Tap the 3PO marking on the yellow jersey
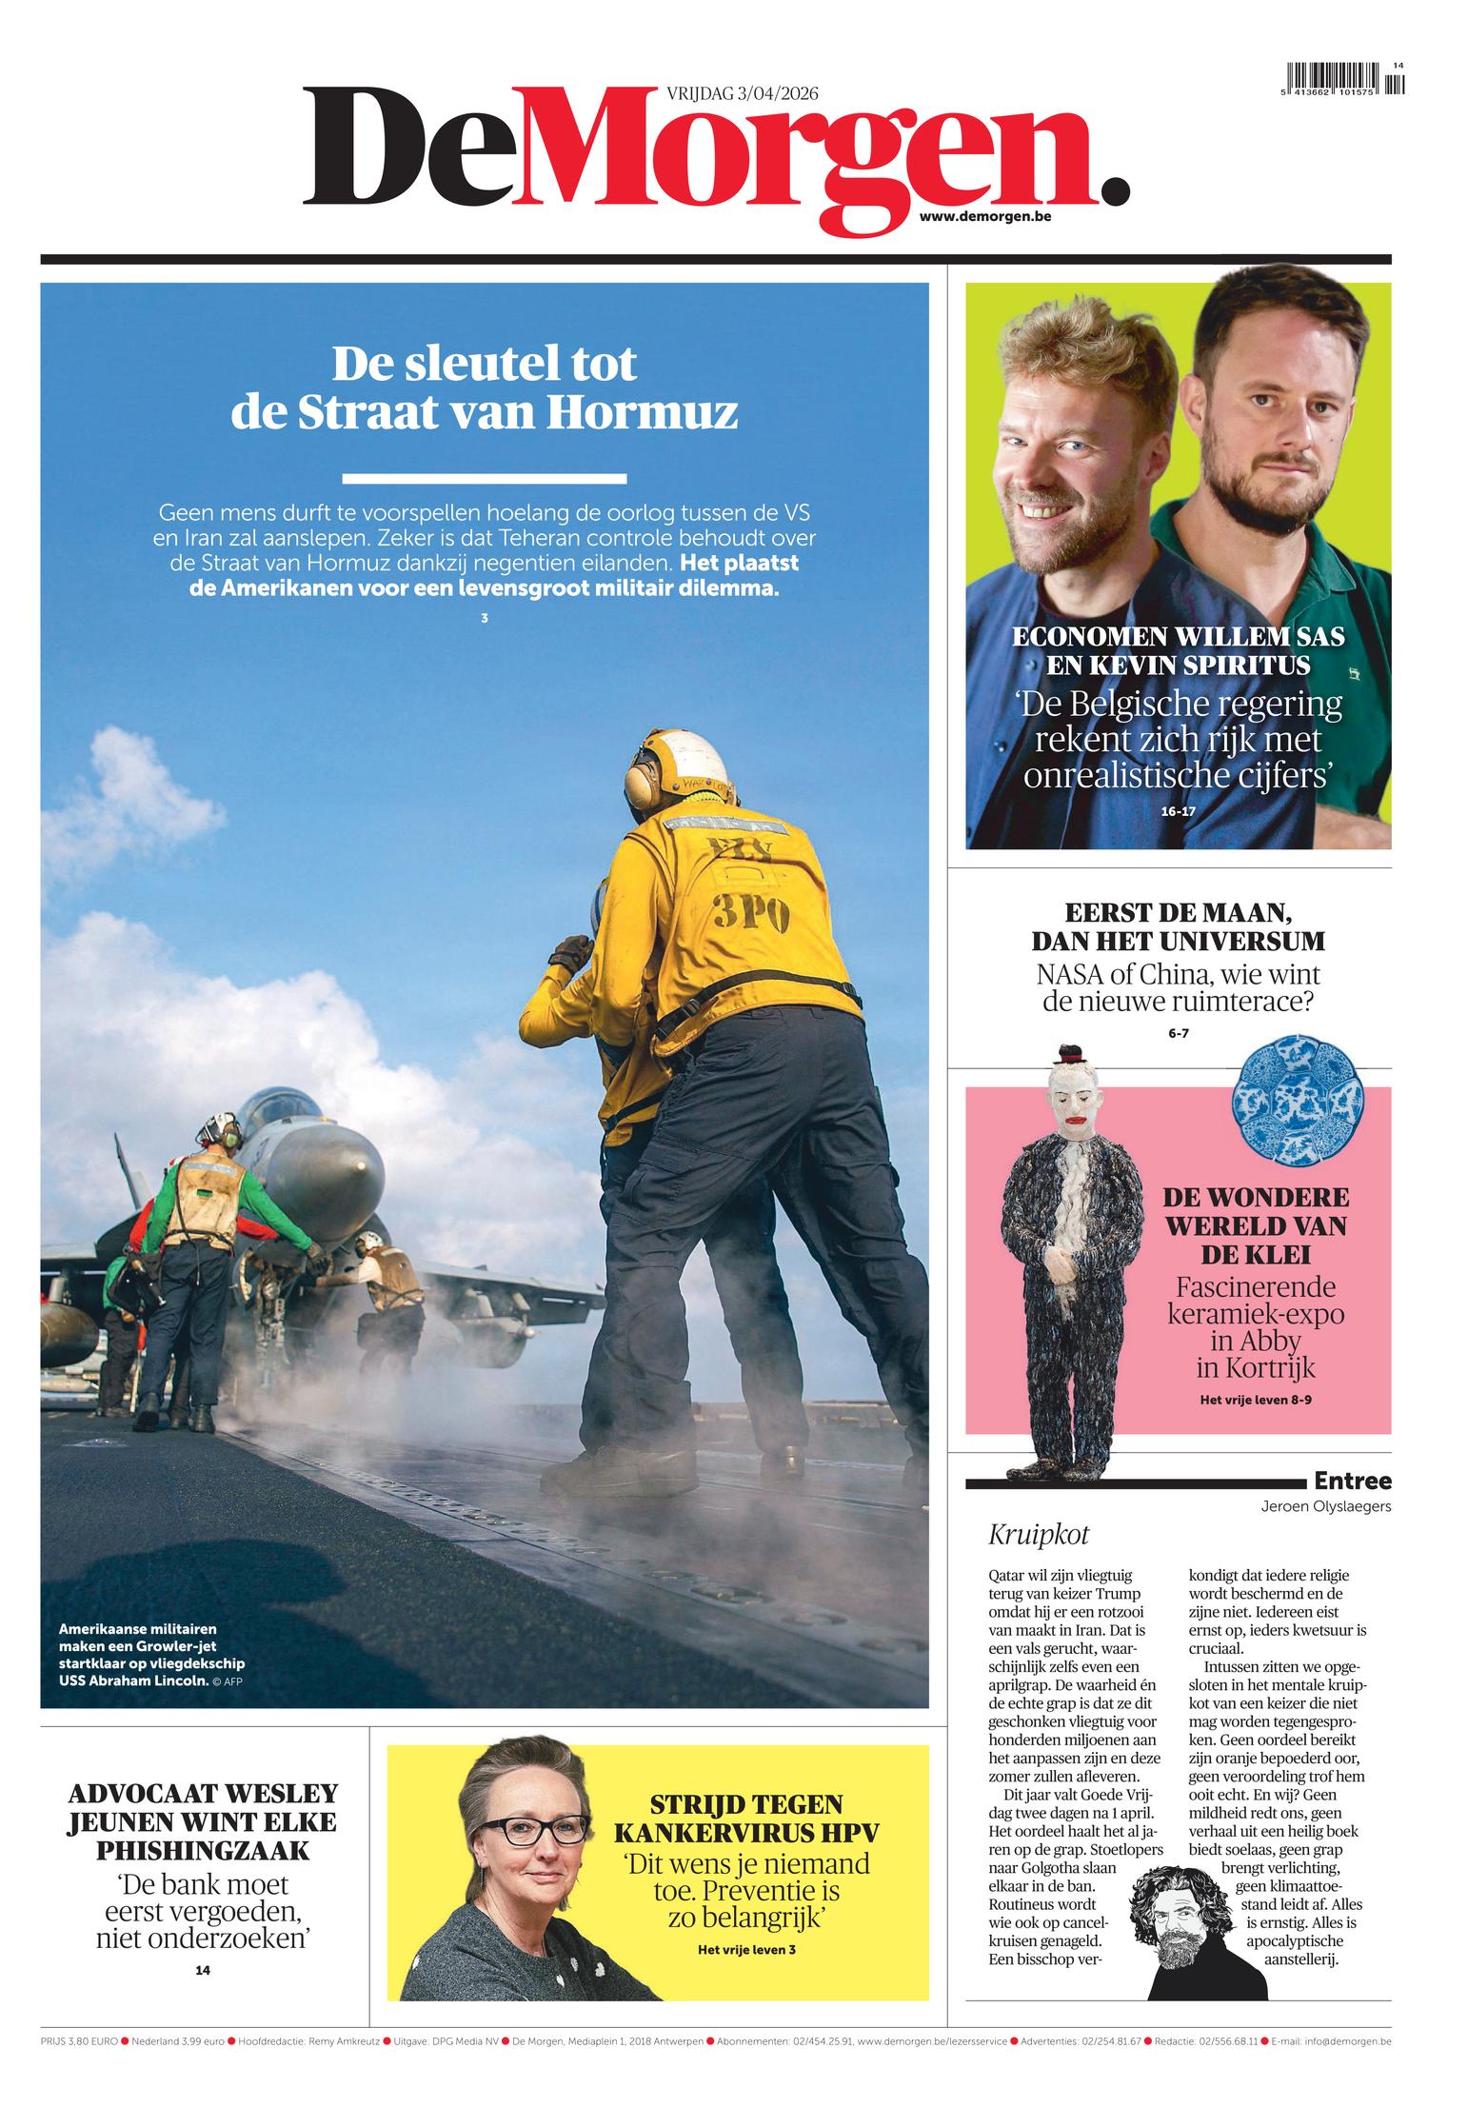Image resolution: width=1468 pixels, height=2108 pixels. (x=751, y=915)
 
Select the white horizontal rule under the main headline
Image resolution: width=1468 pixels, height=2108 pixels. (x=484, y=479)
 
